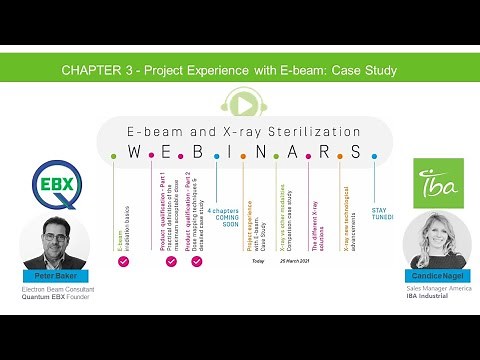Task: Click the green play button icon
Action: click(240, 102)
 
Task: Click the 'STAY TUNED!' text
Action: click(380, 213)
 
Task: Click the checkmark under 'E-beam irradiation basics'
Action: click(123, 261)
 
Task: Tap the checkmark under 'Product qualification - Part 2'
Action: click(196, 261)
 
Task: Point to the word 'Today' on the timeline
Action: click(258, 261)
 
